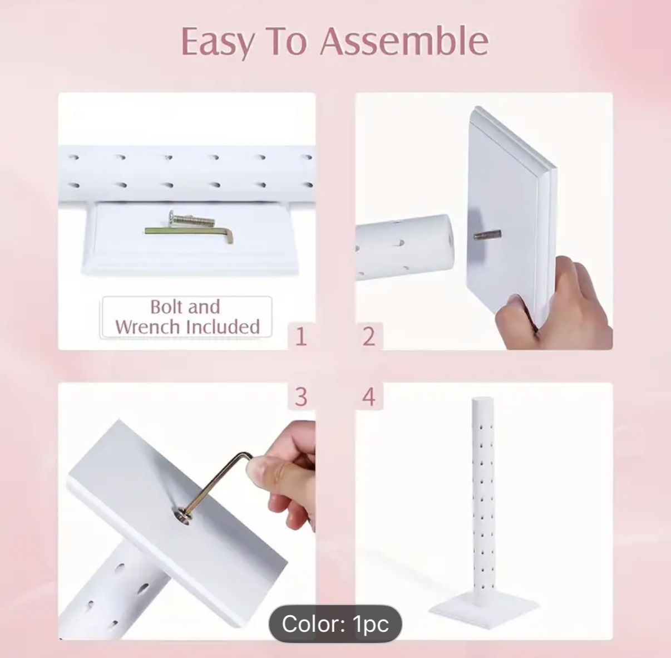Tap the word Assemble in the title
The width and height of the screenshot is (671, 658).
coord(404,41)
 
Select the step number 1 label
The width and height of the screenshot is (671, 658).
coord(301,337)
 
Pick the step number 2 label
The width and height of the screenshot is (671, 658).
coord(369,337)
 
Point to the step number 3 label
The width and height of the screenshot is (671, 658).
coord(301,396)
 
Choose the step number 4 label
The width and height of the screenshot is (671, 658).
coord(369,396)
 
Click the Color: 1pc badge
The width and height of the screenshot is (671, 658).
coord(335,623)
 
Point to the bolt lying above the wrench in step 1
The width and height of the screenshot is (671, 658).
coord(191,219)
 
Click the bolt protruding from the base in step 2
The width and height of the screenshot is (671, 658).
coord(487,234)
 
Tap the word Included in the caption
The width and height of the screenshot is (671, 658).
coord(223,327)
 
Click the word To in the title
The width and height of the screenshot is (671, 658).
coord(288,42)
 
